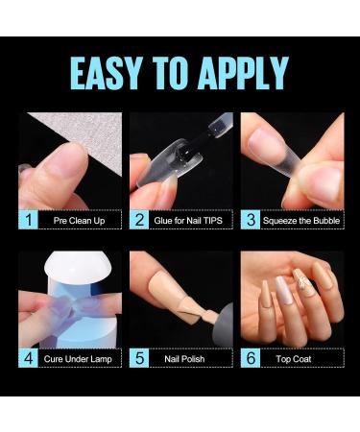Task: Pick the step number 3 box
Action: (251, 220)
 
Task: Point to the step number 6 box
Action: (251, 358)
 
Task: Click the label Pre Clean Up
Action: (79, 220)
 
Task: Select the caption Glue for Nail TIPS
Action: (190, 220)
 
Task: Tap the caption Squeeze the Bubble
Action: (301, 220)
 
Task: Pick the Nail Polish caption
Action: (190, 358)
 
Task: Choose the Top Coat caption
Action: (301, 358)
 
